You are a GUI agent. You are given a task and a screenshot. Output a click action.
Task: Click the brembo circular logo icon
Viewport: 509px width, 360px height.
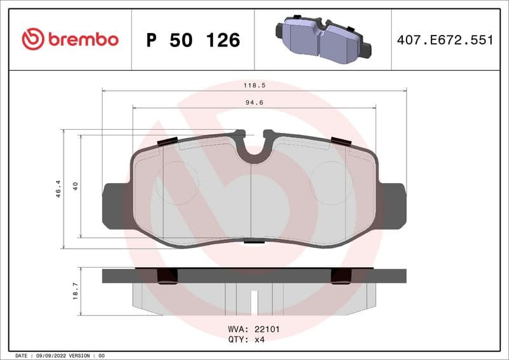(x=33, y=39)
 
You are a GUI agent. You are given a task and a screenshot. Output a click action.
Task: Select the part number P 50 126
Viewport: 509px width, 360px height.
(x=193, y=40)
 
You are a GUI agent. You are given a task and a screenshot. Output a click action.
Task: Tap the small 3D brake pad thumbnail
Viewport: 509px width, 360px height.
(x=323, y=39)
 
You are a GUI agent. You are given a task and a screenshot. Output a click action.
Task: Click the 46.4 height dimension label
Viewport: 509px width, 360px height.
(x=58, y=188)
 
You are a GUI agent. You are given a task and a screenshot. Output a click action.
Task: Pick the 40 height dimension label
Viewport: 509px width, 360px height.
(x=75, y=186)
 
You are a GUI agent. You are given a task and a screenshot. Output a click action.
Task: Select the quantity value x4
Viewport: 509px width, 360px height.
(x=260, y=339)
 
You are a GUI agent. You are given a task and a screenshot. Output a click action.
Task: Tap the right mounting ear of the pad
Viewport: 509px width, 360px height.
(x=392, y=205)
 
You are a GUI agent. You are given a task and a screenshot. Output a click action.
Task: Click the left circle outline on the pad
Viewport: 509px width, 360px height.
(x=178, y=183)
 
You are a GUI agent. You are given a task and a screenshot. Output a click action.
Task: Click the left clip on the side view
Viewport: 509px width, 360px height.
(x=167, y=275)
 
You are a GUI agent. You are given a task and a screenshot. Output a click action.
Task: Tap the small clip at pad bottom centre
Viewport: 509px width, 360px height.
(x=254, y=241)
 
